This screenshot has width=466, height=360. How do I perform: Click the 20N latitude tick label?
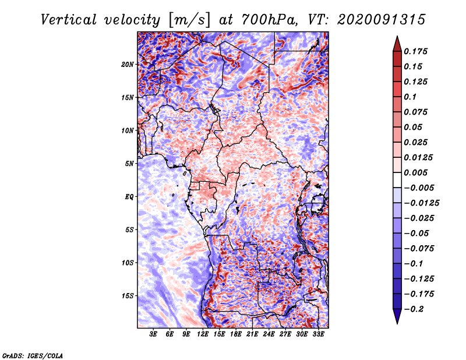click(128, 64)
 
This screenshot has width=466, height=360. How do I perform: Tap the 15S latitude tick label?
click(128, 295)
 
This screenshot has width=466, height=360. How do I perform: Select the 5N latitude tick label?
click(129, 164)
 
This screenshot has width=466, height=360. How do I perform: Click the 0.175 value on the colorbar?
click(417, 51)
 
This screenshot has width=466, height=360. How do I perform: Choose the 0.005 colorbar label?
click(417, 172)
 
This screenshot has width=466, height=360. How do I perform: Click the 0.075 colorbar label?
click(417, 112)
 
